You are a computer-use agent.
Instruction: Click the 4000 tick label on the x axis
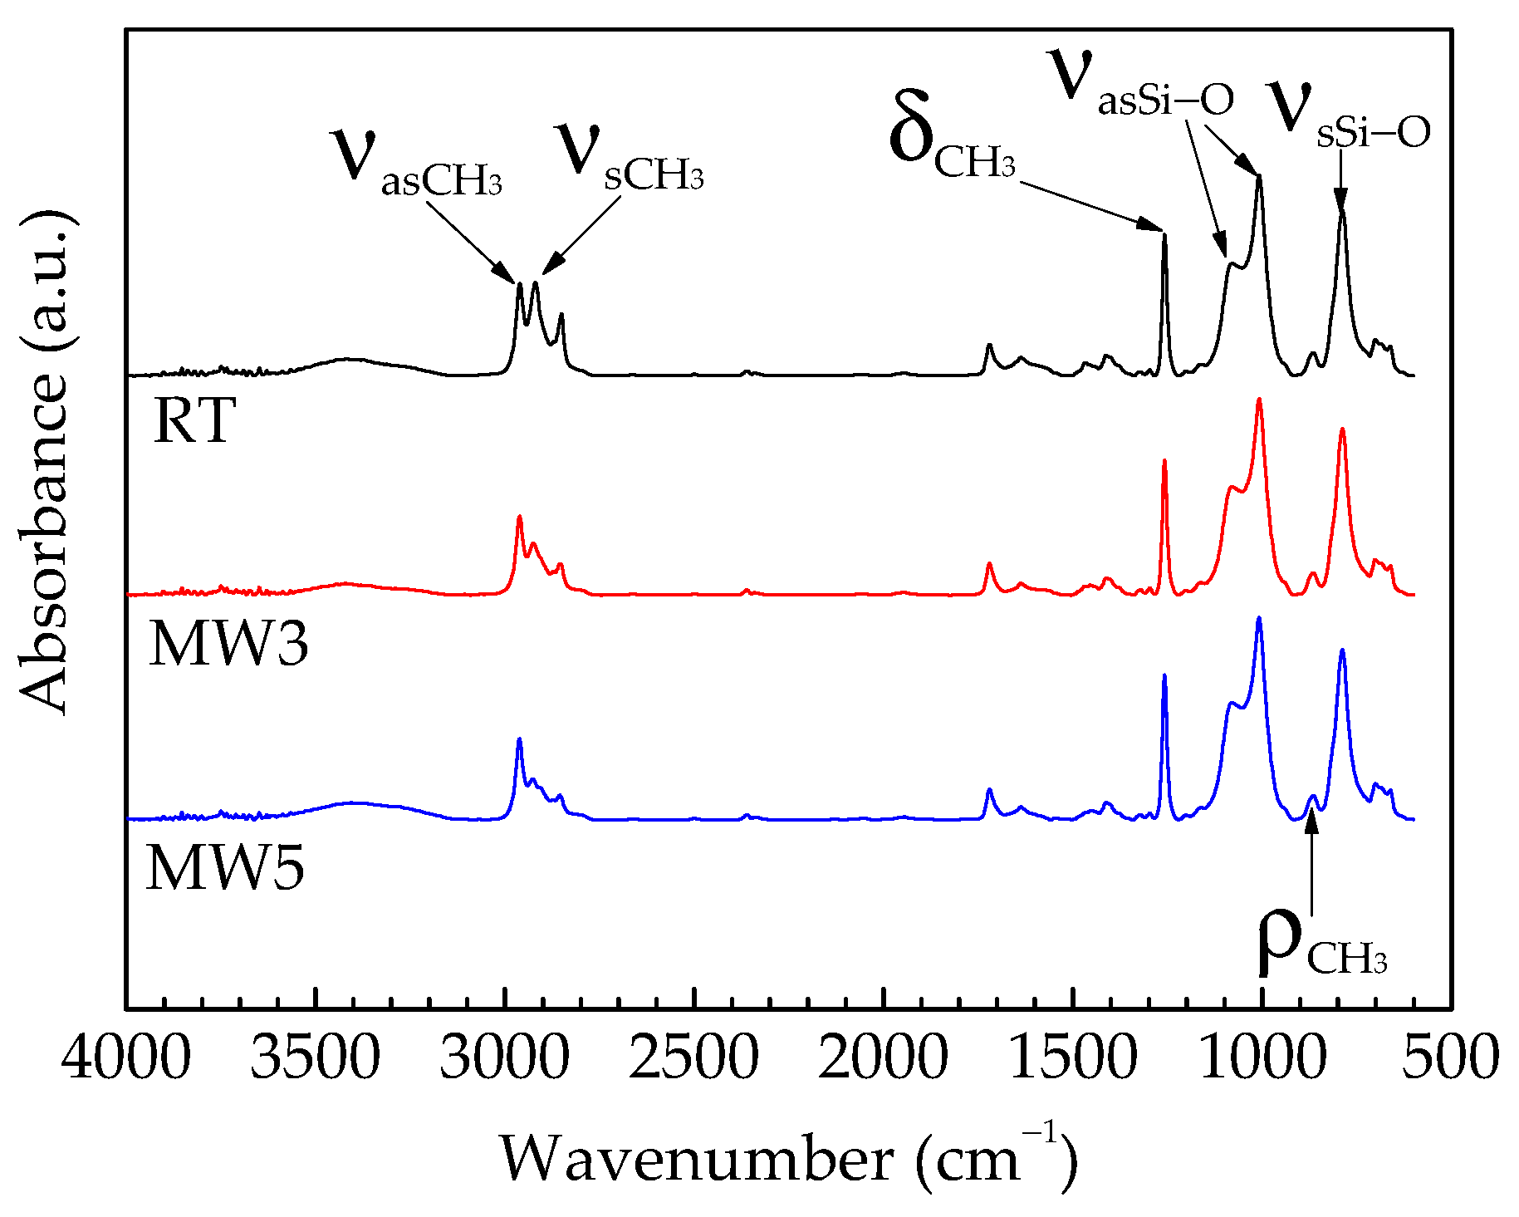126,1059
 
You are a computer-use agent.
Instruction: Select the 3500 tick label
316,1059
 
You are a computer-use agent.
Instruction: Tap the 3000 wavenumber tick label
505,1059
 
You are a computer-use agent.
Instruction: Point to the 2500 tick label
693,1059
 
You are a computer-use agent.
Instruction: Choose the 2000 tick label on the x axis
883,1059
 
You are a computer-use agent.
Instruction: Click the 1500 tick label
1072,1059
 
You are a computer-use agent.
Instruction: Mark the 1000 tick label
1262,1059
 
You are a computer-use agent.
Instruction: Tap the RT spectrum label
195,420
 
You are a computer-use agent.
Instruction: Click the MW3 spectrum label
228,644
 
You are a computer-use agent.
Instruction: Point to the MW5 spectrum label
225,868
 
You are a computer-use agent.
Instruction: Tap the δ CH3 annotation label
952,141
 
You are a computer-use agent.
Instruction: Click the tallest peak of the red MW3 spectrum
1259,400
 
